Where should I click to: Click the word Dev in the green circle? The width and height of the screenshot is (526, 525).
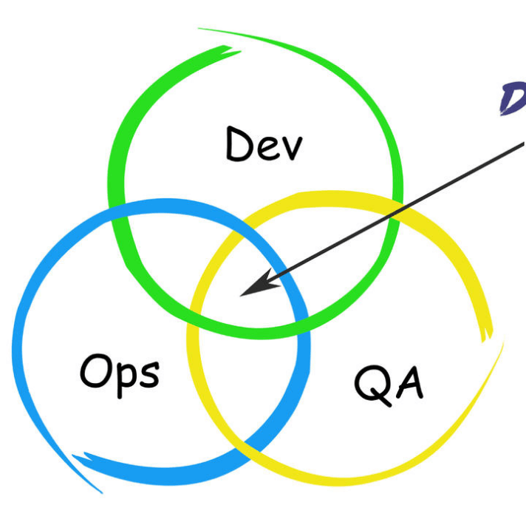click(x=264, y=144)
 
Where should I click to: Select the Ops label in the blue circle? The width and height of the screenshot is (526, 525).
click(x=119, y=372)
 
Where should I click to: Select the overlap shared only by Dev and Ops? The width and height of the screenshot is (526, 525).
click(x=159, y=251)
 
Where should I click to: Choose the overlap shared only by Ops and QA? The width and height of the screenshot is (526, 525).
click(x=244, y=385)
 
